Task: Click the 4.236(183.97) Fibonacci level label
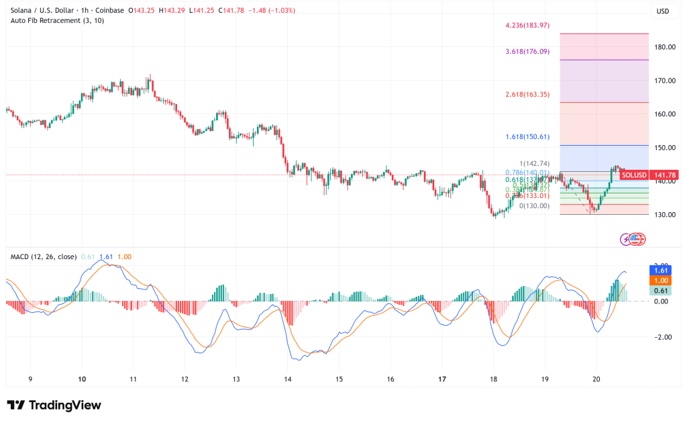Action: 527,26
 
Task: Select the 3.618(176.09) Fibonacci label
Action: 527,51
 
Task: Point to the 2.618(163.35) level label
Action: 527,95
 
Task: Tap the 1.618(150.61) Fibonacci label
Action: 527,136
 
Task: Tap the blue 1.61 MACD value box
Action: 662,269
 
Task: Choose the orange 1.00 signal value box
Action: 662,280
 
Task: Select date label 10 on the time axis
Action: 82,379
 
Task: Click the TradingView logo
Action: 54,405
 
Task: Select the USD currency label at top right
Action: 664,11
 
